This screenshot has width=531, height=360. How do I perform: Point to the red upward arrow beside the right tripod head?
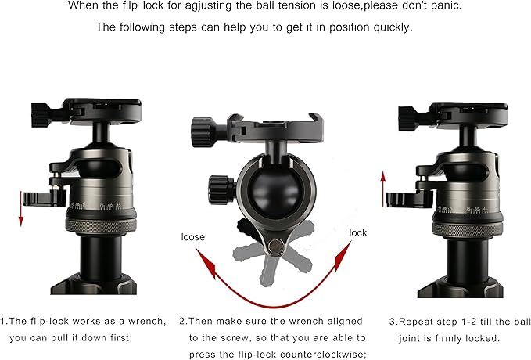[382, 186]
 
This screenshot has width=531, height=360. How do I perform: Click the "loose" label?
[193, 236]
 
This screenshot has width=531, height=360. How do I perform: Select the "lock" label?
[358, 233]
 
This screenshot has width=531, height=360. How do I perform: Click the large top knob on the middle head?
[199, 126]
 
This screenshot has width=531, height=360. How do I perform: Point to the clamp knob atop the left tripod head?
[39, 110]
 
